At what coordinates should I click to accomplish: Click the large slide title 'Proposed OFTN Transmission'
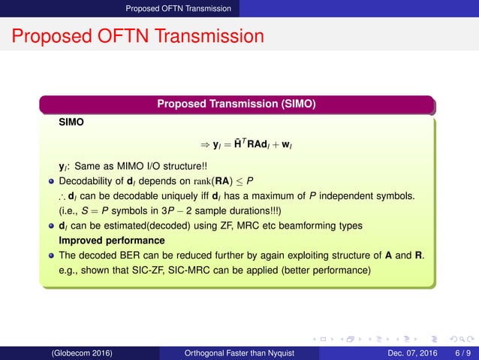[138, 37]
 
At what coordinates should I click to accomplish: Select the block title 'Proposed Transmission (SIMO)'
[236, 103]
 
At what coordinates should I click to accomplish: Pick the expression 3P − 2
[167, 210]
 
